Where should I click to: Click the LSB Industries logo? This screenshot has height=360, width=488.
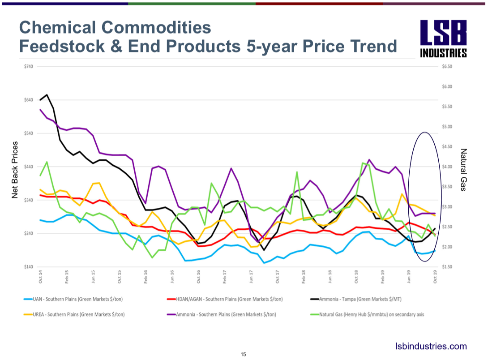tap(443, 39)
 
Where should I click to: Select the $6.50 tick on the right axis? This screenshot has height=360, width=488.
tap(447, 67)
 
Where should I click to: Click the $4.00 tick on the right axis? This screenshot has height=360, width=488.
tap(447, 167)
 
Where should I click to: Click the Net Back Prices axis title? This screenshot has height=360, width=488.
tap(15, 170)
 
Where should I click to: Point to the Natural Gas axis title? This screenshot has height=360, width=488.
tap(463, 170)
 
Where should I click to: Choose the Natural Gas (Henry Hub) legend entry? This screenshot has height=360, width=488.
tap(367, 314)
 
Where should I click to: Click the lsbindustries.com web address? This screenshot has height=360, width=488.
tap(431, 346)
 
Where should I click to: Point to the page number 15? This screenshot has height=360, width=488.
tap(244, 354)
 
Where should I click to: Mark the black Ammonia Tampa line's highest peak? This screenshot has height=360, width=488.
tap(47, 95)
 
